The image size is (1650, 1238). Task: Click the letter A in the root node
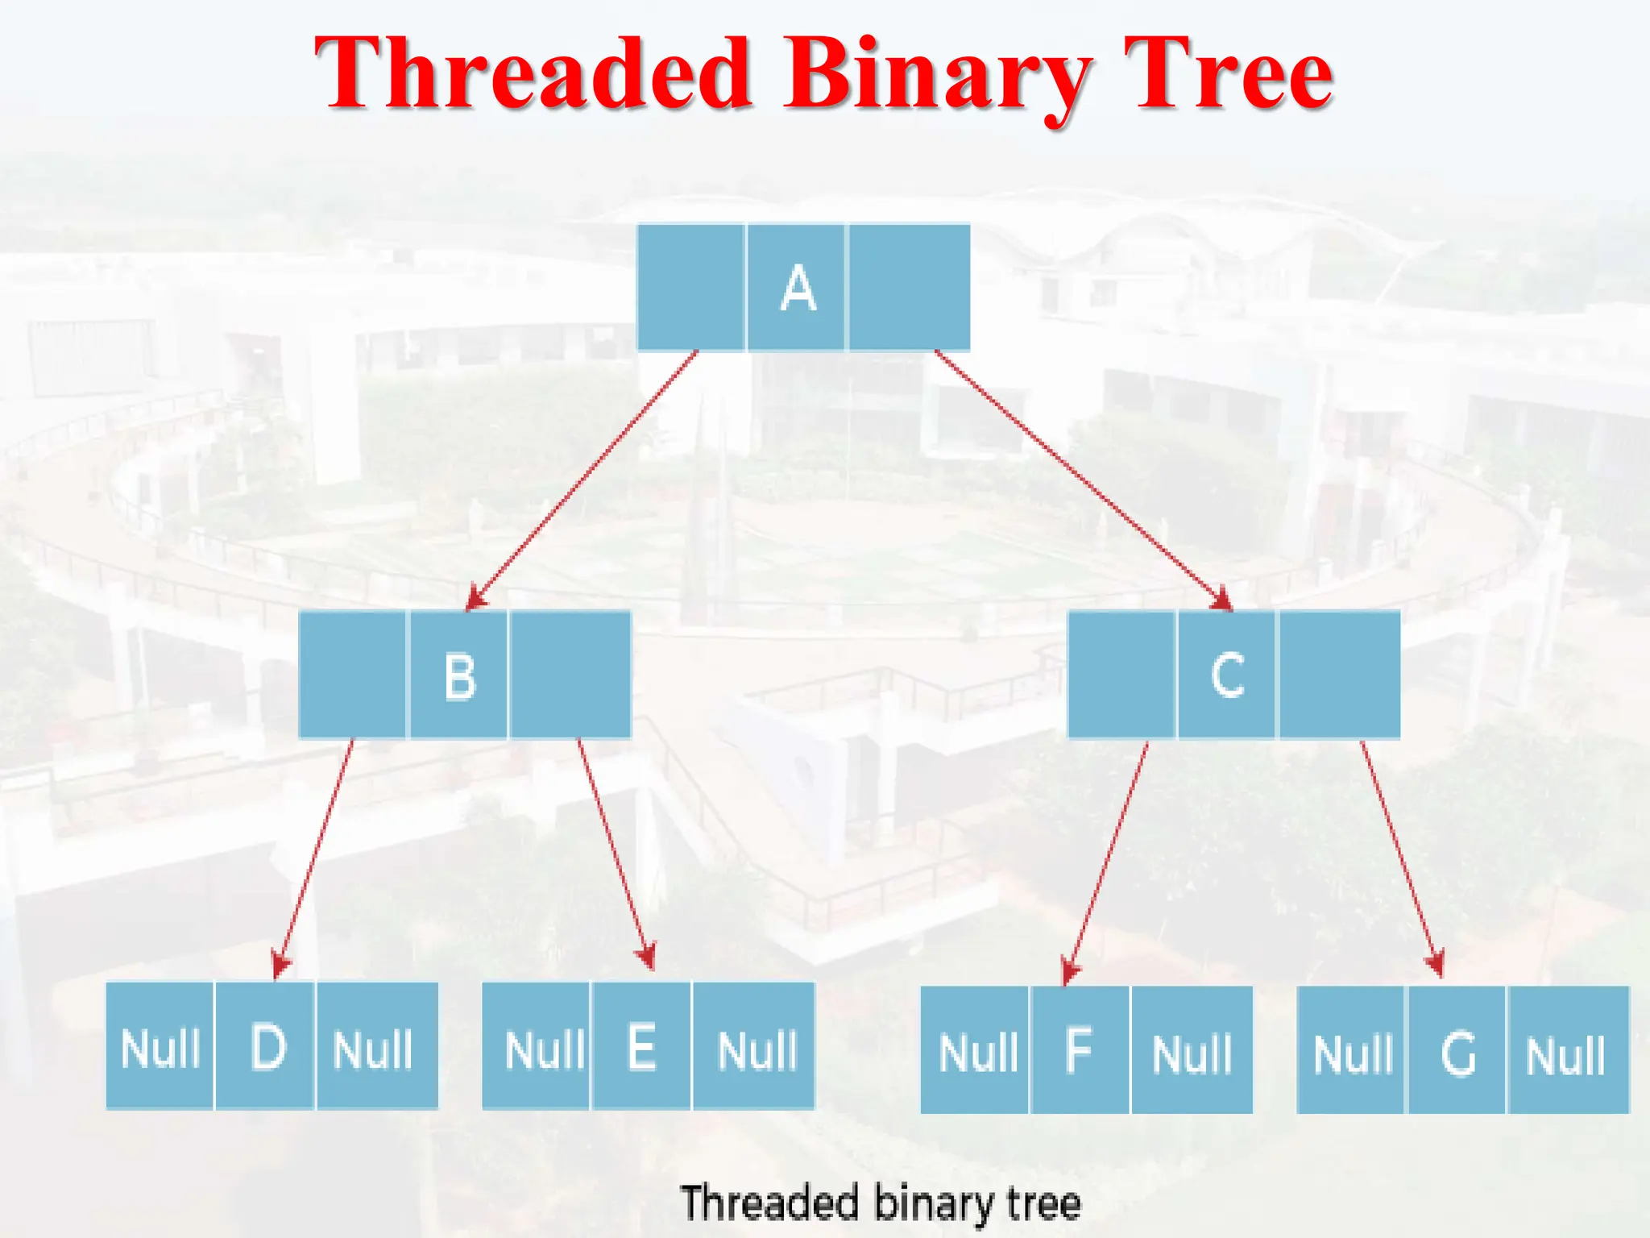click(x=798, y=289)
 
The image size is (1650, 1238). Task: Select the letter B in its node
click(x=460, y=675)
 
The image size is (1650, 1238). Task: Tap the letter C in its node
click(x=1227, y=675)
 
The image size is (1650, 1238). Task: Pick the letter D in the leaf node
click(x=267, y=1047)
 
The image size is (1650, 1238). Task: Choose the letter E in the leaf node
click(x=641, y=1047)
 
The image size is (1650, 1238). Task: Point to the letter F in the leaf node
click(x=1079, y=1050)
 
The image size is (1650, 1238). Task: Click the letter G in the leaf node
click(x=1457, y=1053)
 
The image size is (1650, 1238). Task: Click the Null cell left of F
click(x=977, y=1052)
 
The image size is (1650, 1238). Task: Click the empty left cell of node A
click(x=690, y=288)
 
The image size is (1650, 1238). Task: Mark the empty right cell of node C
click(x=1339, y=675)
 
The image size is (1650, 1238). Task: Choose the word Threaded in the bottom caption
click(x=769, y=1203)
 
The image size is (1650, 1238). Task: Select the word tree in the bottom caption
click(x=1043, y=1203)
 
